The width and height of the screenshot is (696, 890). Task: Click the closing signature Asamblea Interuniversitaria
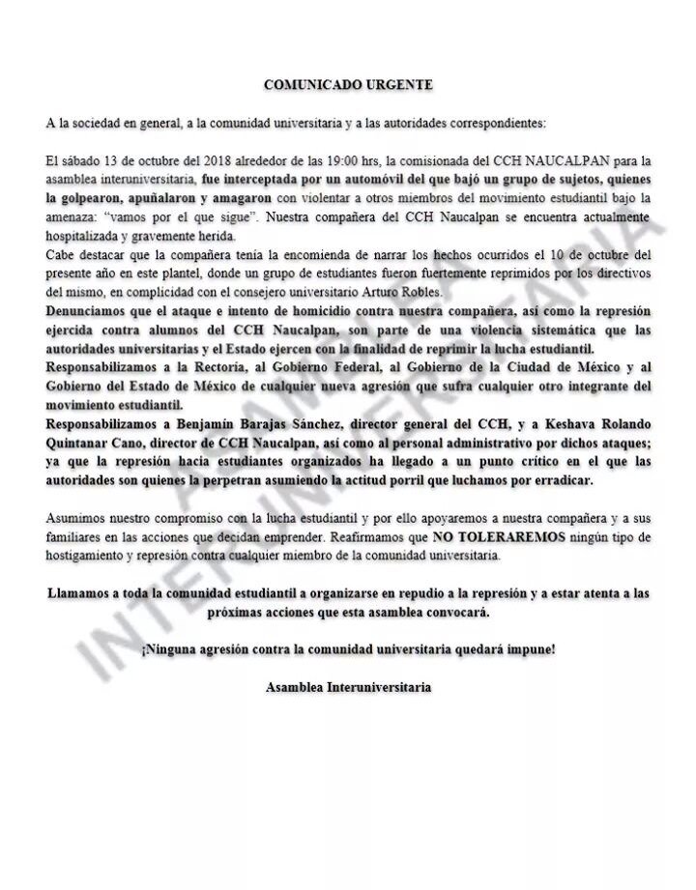[x=348, y=687]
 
